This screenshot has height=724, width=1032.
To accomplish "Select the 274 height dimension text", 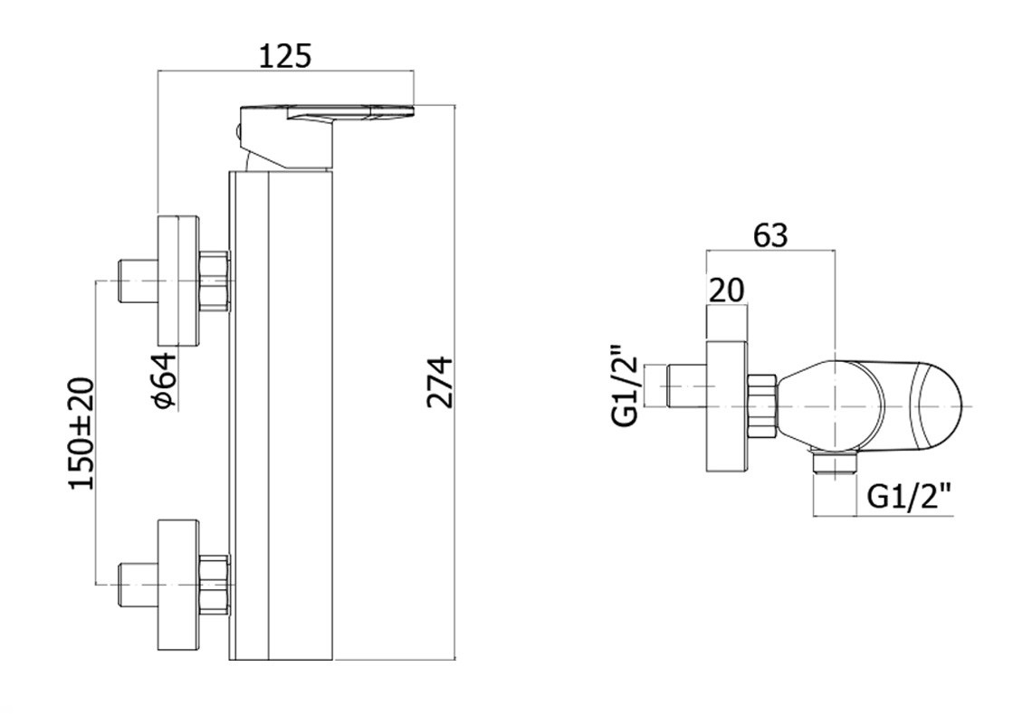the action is [440, 383].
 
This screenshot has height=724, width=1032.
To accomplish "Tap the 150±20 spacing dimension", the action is [82, 433].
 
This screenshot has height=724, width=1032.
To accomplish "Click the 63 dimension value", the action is [770, 235].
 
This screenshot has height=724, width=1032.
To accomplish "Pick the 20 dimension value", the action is [727, 290].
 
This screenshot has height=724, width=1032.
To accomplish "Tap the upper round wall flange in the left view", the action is [178, 280].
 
